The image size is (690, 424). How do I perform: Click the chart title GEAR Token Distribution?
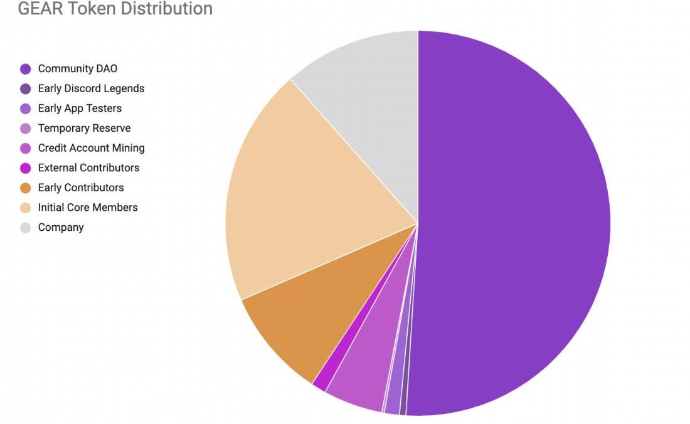point(115,9)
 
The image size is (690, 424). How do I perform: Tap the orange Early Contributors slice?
point(307,314)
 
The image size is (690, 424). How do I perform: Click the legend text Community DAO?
point(78,69)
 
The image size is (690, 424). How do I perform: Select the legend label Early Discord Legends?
point(91,88)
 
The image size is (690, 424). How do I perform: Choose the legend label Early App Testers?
point(80,109)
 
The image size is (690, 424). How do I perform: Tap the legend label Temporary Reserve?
point(84,128)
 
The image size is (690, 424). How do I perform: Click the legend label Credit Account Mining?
point(91,148)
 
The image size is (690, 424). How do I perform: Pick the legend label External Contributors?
point(88,167)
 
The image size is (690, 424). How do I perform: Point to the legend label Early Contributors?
point(81,188)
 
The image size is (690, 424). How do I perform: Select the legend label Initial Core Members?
point(88,207)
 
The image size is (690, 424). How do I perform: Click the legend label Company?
point(61,227)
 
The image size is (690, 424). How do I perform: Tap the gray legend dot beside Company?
point(26,228)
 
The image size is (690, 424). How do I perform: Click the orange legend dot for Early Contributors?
point(26,188)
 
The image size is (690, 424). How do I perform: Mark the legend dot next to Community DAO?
point(26,69)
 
